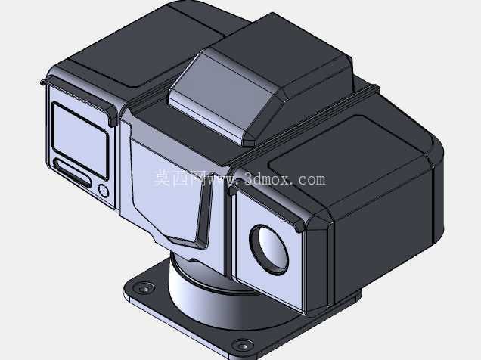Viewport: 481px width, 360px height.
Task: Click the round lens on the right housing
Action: click(269, 250)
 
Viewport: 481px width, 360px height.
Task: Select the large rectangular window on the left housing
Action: click(80, 140)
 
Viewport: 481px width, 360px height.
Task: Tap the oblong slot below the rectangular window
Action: click(73, 172)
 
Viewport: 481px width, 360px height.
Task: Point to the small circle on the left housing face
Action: click(104, 191)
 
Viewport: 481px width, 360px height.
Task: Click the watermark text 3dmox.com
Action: click(284, 178)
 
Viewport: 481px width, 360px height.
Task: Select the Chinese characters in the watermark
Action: click(180, 178)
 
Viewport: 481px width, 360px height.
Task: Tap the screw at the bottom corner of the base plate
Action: click(243, 345)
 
